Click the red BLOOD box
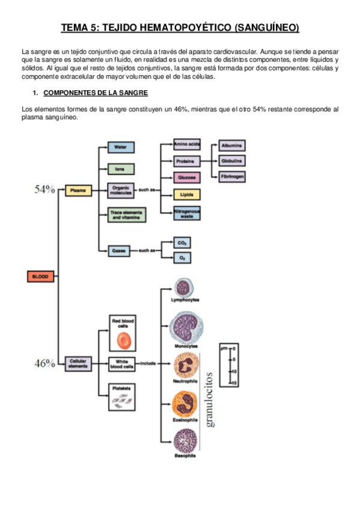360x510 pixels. [x=41, y=277]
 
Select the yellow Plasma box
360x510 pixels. [x=78, y=191]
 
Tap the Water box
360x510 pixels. [x=120, y=147]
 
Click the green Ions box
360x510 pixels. [x=120, y=169]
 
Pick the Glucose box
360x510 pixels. [x=187, y=178]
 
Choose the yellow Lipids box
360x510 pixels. [x=187, y=195]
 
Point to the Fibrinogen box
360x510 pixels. [x=232, y=177]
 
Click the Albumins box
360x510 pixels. [x=232, y=146]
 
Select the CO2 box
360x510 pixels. [x=182, y=242]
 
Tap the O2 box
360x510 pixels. [x=182, y=257]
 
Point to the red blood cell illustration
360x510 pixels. [x=123, y=340]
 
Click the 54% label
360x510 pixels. [x=44, y=189]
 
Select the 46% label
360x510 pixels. [x=44, y=363]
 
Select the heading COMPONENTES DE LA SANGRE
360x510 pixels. [x=96, y=93]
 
